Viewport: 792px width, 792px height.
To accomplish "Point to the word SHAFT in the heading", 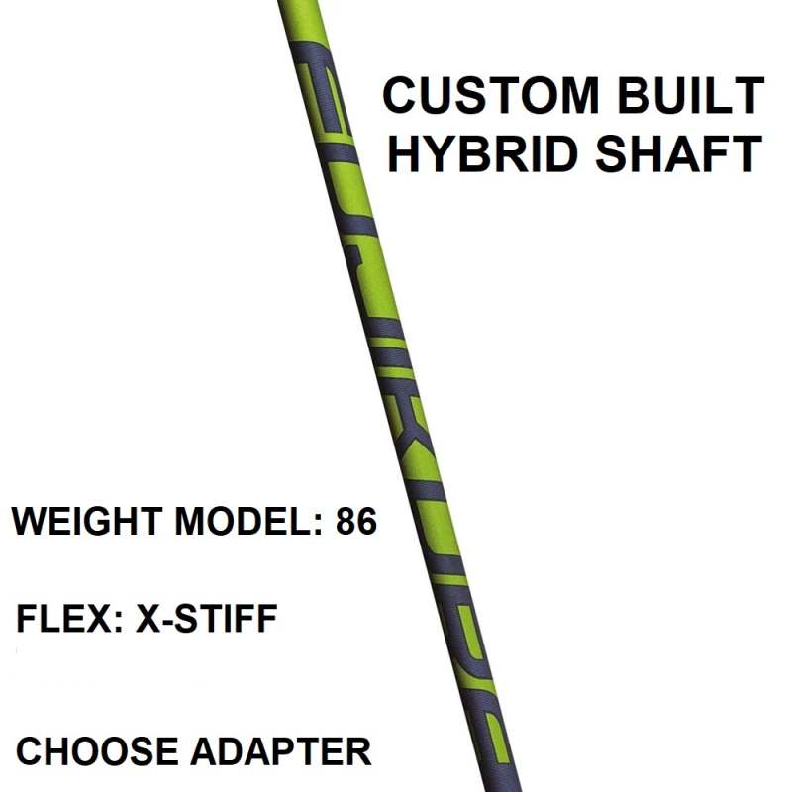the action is pos(678,153).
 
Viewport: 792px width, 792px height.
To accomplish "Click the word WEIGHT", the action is pos(87,521).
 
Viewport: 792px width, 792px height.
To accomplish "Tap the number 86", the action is pos(356,521).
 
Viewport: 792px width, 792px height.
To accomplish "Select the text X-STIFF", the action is pos(207,618).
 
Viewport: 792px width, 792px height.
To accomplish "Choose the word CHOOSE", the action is pos(97,751).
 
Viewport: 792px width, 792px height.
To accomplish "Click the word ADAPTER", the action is pos(281,751).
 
